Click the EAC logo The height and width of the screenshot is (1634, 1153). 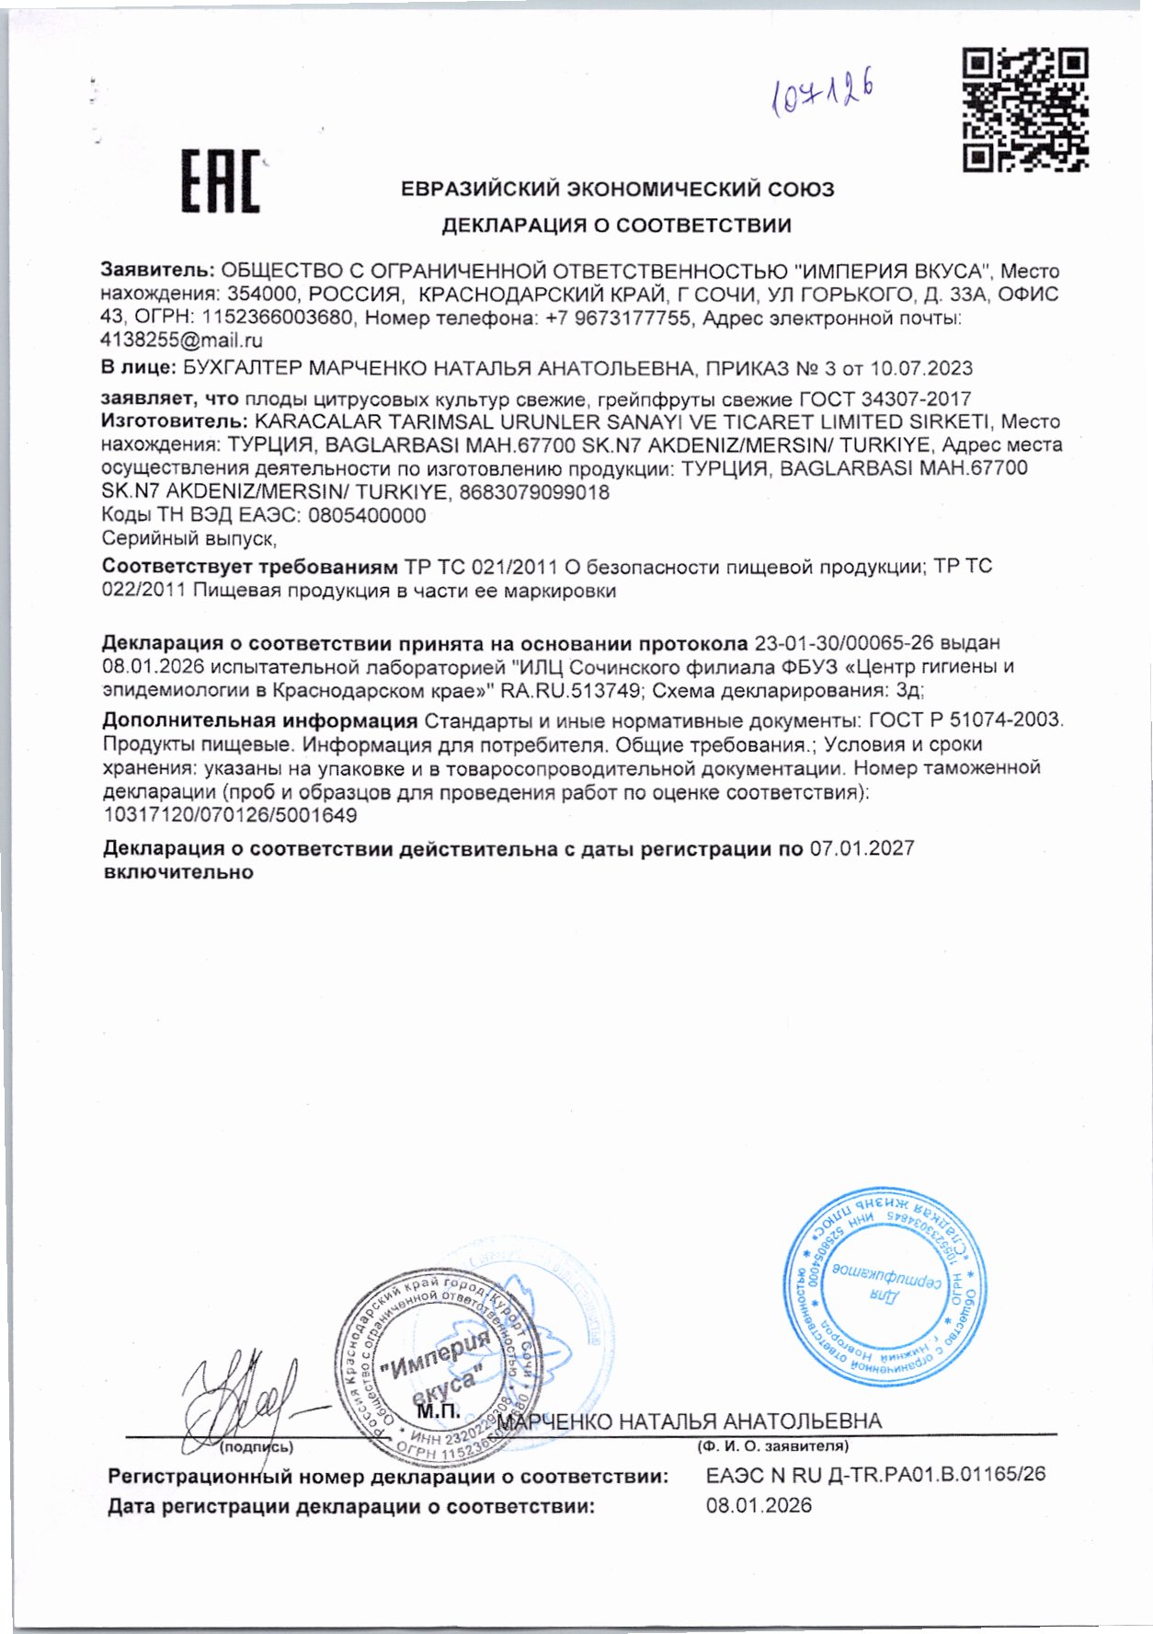point(220,181)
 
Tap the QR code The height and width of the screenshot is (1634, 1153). point(1025,109)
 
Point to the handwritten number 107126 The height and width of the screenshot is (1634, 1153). point(821,94)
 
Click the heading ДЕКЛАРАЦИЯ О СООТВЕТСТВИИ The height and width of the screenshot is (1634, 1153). point(616,225)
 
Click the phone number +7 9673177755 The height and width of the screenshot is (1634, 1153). point(625,318)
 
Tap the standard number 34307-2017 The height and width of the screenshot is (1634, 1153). point(916,399)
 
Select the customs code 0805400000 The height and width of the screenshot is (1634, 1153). point(366,515)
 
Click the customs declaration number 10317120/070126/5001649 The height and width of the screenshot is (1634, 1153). point(230,815)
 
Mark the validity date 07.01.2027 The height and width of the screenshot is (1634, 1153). point(862,848)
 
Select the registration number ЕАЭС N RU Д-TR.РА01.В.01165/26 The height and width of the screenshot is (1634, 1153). point(875,1475)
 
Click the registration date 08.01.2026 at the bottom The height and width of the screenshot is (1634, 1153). point(759,1506)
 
